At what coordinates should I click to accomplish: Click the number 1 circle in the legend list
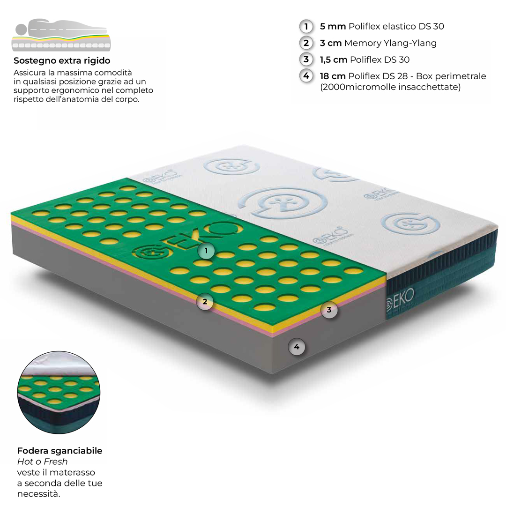coord(306,26)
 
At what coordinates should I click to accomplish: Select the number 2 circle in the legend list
coord(306,43)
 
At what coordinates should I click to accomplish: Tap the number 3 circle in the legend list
coord(306,60)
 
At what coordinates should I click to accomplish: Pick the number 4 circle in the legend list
coord(306,76)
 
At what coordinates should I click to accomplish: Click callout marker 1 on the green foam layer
coord(206,250)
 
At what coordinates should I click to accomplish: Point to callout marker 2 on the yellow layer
coord(205,302)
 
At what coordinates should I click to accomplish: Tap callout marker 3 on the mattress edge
coord(329,310)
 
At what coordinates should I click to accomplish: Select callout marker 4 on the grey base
coord(297,347)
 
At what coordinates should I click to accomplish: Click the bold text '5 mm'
coord(333,26)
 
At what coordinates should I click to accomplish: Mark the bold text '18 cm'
coord(333,76)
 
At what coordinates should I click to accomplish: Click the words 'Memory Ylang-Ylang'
coord(390,43)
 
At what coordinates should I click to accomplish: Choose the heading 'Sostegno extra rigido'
coord(62,60)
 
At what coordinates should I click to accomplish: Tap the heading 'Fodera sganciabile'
coord(60,451)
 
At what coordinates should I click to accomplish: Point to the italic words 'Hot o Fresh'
coord(42,461)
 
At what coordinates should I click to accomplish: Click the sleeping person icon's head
coord(21,29)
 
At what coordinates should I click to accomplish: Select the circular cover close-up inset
coord(59,393)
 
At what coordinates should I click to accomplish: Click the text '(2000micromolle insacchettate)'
coord(390,87)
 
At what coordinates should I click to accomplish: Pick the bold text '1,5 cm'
coord(334,60)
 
